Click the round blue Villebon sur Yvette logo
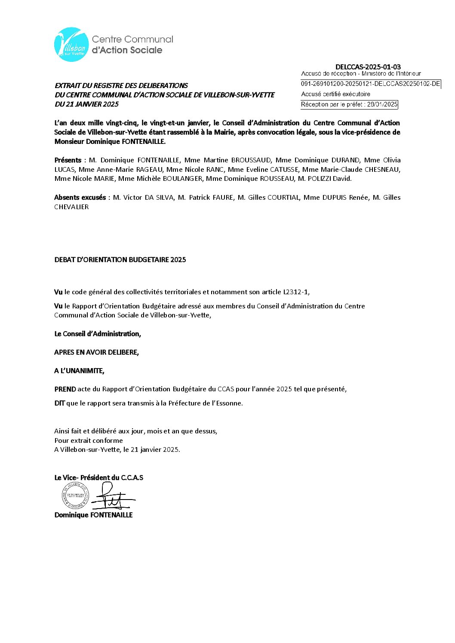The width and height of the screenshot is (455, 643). coord(71,45)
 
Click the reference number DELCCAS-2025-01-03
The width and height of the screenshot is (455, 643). coord(368,67)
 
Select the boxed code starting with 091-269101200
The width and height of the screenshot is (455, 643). coord(370,84)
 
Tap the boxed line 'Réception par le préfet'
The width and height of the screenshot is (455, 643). coord(349,104)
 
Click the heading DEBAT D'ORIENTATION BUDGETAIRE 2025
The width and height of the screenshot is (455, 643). coord(120,260)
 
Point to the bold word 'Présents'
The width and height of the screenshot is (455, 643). coord(68,160)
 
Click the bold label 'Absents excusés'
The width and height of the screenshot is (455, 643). coord(80,198)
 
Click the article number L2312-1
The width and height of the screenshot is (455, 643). coord(295,292)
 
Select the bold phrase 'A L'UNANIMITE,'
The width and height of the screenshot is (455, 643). coord(79,371)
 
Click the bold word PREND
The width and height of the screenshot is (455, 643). coord(65,389)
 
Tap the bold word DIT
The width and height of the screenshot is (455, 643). coord(59,403)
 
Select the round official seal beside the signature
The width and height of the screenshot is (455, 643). coord(75,496)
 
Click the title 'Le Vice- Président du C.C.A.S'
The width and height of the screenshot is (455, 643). coord(98,478)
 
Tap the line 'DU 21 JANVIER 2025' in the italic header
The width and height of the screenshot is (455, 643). coord(86,104)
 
